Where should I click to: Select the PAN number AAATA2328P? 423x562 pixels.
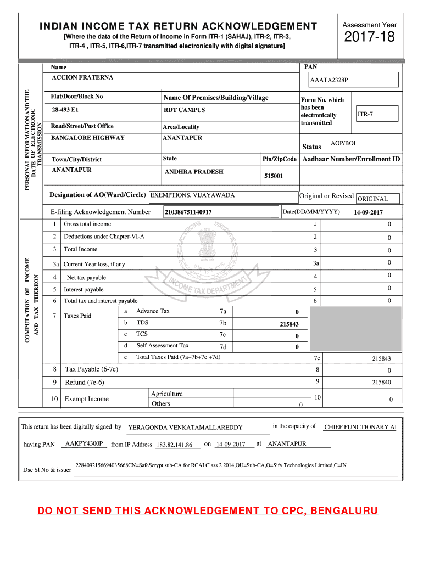pyautogui.click(x=329, y=80)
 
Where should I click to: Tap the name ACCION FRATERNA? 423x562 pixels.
pyautogui.click(x=82, y=77)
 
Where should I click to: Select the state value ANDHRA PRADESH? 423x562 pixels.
pyautogui.click(x=194, y=172)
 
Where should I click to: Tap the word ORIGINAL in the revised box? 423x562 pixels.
pyautogui.click(x=372, y=199)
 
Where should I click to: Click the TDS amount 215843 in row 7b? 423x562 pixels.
pyautogui.click(x=289, y=324)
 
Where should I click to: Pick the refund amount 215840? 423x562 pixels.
pyautogui.click(x=381, y=382)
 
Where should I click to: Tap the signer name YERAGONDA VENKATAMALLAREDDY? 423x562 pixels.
pyautogui.click(x=185, y=428)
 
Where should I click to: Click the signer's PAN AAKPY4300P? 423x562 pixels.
pyautogui.click(x=84, y=443)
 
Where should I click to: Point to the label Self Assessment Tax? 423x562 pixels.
pyautogui.click(x=162, y=346)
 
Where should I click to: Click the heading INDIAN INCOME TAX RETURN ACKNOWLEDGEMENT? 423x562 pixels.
pyautogui.click(x=178, y=26)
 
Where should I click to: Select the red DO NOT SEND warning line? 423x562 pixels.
pyautogui.click(x=208, y=512)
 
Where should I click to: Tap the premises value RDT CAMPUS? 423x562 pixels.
pyautogui.click(x=184, y=110)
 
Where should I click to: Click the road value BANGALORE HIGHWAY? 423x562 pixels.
pyautogui.click(x=88, y=138)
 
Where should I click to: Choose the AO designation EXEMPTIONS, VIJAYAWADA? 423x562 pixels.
pyautogui.click(x=193, y=195)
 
